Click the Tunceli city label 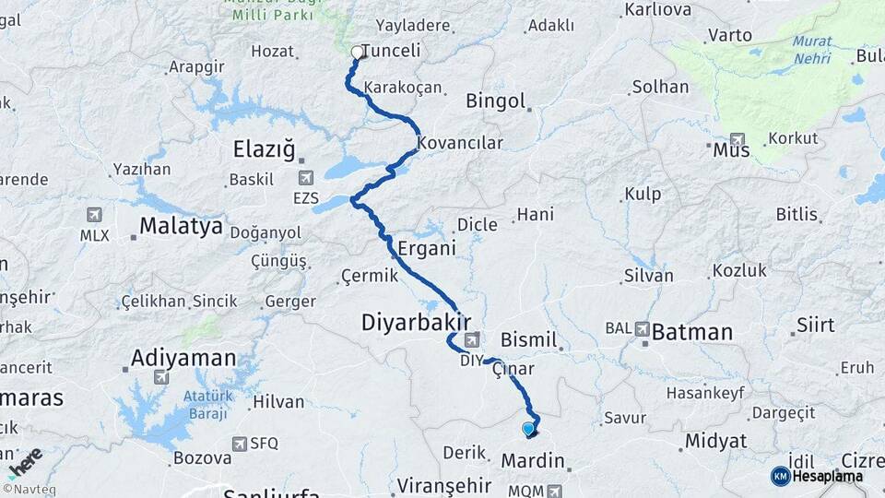392,52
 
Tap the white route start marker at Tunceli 357,53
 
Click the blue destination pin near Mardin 528,429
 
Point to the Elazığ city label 264,148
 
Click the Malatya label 181,225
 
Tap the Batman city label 692,332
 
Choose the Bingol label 496,101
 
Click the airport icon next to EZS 305,178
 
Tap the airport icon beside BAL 642,328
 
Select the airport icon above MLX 93,215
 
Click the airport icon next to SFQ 240,444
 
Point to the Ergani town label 427,249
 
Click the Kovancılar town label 460,144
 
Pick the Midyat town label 715,442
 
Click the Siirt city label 815,325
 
